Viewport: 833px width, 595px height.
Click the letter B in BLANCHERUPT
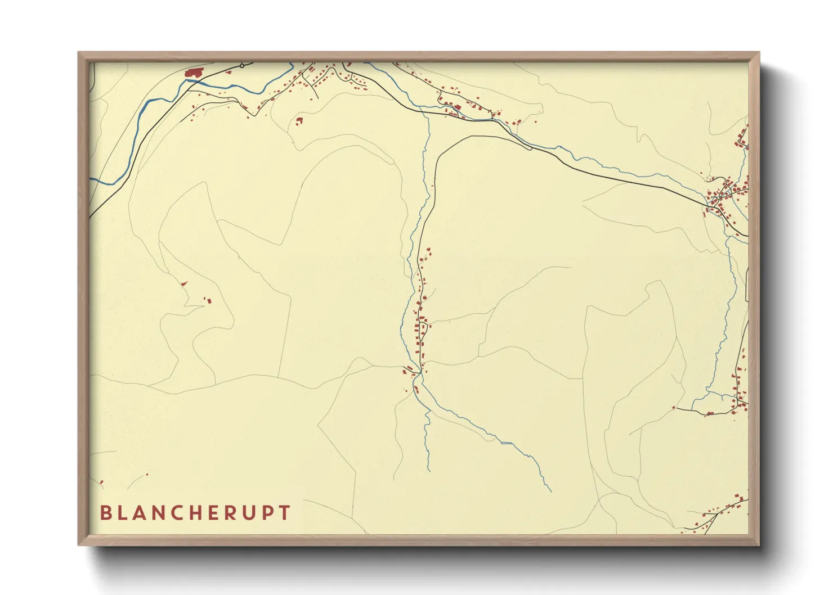tap(105, 513)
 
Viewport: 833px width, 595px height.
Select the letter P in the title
tap(285, 513)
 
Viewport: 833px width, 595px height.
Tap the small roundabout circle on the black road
tap(242, 66)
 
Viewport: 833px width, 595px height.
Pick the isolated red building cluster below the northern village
tap(299, 120)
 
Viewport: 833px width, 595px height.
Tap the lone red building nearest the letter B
tap(102, 482)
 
